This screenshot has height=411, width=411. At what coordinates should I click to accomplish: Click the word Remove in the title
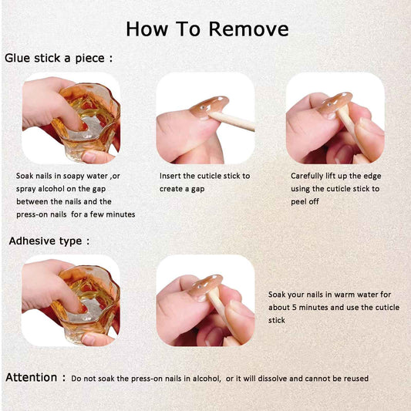(249, 29)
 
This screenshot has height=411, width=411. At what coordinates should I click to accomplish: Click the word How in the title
(147, 29)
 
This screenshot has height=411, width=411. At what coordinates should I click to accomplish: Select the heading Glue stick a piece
(59, 58)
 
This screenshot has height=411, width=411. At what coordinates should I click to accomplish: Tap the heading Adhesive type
(49, 241)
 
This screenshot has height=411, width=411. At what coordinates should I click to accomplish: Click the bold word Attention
(31, 377)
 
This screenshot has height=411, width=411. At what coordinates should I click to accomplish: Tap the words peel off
(305, 201)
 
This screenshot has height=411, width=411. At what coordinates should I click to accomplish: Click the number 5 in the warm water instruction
(294, 307)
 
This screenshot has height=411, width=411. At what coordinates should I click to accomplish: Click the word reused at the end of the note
(356, 379)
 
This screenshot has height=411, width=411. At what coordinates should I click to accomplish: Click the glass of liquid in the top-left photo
(86, 120)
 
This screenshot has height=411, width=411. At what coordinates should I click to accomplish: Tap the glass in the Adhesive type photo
(86, 304)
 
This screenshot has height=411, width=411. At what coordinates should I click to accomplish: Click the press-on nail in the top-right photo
(335, 103)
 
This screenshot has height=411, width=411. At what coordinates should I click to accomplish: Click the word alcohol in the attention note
(206, 379)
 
